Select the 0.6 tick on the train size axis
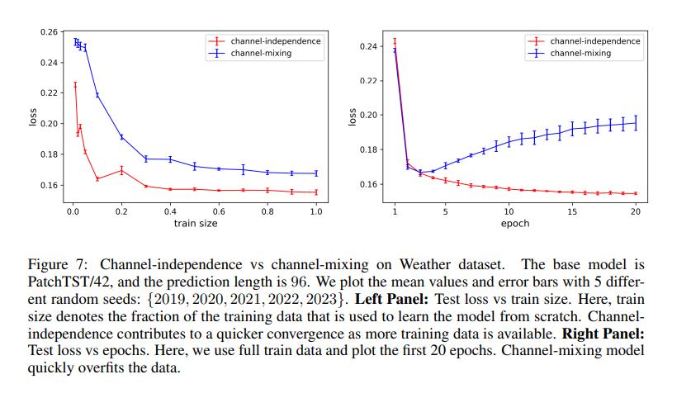coord(219,212)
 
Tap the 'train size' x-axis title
coord(195,224)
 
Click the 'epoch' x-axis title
coord(514,224)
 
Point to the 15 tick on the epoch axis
coord(572,212)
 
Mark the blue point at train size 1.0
coord(316,173)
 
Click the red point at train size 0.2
coord(121,171)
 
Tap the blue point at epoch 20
coord(636,123)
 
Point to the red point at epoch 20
coord(636,193)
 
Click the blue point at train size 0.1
coord(97,95)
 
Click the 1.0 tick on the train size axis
coord(316,212)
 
